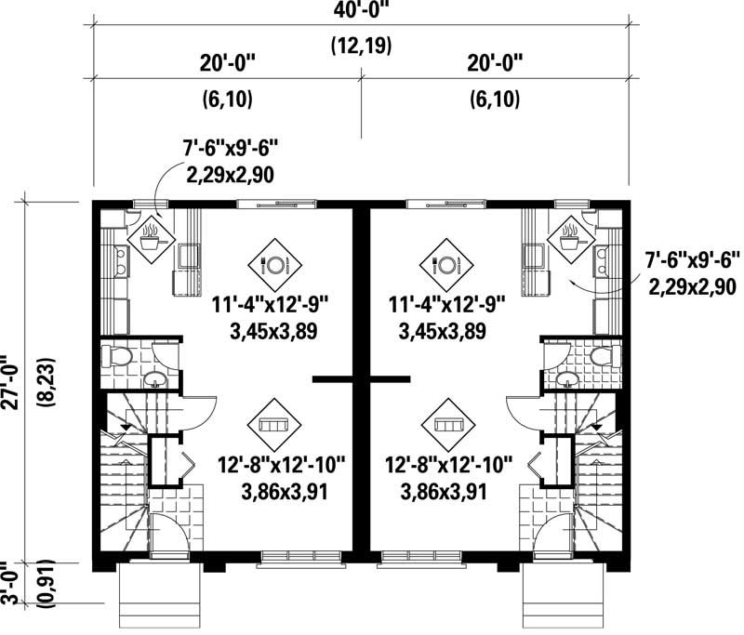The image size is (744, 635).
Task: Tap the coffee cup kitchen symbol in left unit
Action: pos(149,239)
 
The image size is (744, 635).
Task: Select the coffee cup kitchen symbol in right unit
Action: pos(570,239)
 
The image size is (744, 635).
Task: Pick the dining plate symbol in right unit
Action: pos(444,263)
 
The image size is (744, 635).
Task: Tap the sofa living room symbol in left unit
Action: pos(272,423)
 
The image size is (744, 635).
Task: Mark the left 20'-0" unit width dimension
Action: pos(224,63)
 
